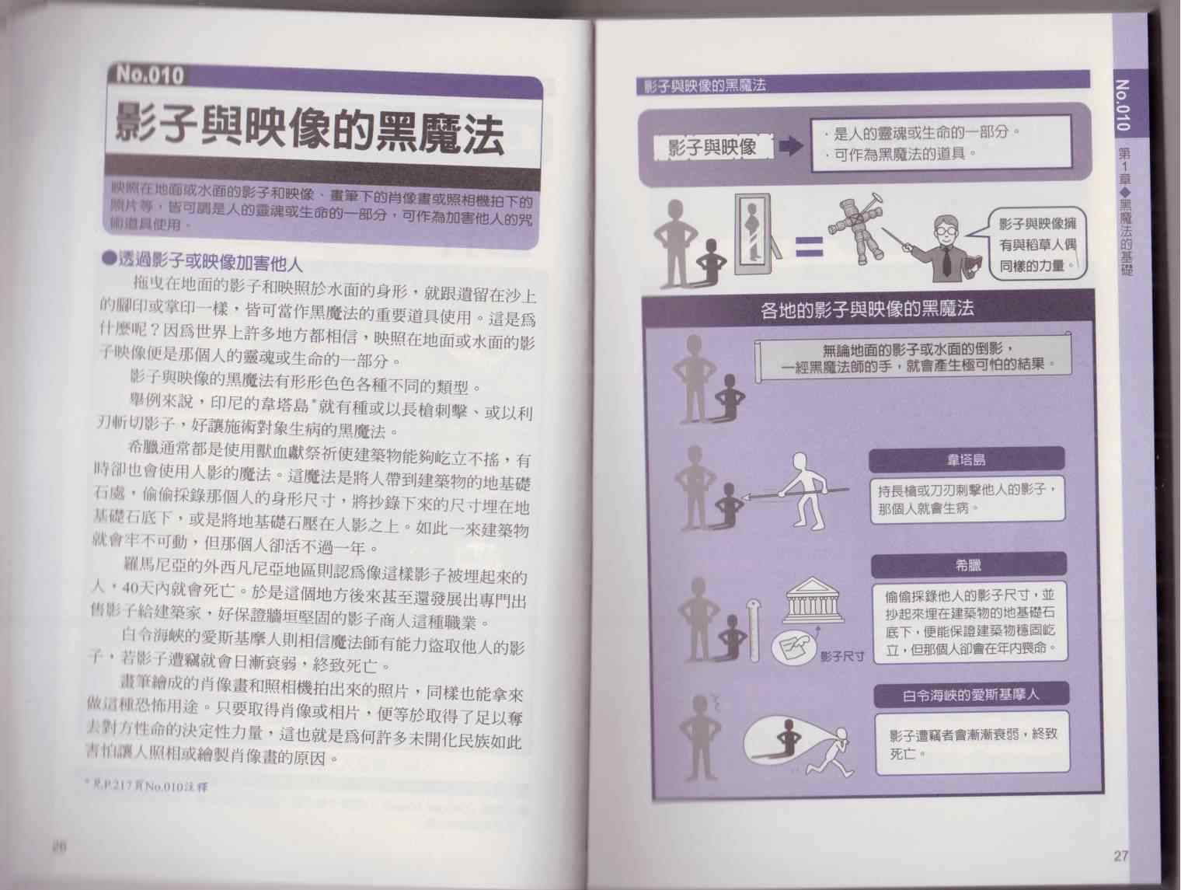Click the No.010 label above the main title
coord(150,75)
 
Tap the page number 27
coord(1120,856)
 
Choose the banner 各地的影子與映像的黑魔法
coord(867,309)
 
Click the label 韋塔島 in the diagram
coord(967,459)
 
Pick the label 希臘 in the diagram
coord(968,565)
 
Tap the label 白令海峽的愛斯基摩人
coord(971,695)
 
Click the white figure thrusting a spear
coord(802,491)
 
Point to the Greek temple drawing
coord(814,600)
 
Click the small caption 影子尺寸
coord(842,657)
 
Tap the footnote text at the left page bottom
coord(146,786)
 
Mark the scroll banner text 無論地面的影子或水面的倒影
coord(917,350)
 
